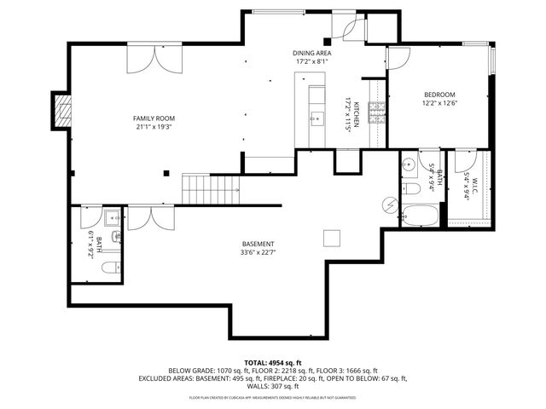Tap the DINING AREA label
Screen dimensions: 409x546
tap(313, 53)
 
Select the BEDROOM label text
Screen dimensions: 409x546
tap(439, 95)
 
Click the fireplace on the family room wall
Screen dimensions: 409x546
tap(61, 110)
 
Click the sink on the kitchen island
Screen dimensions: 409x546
tap(317, 118)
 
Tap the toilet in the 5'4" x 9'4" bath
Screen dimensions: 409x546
tap(409, 187)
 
